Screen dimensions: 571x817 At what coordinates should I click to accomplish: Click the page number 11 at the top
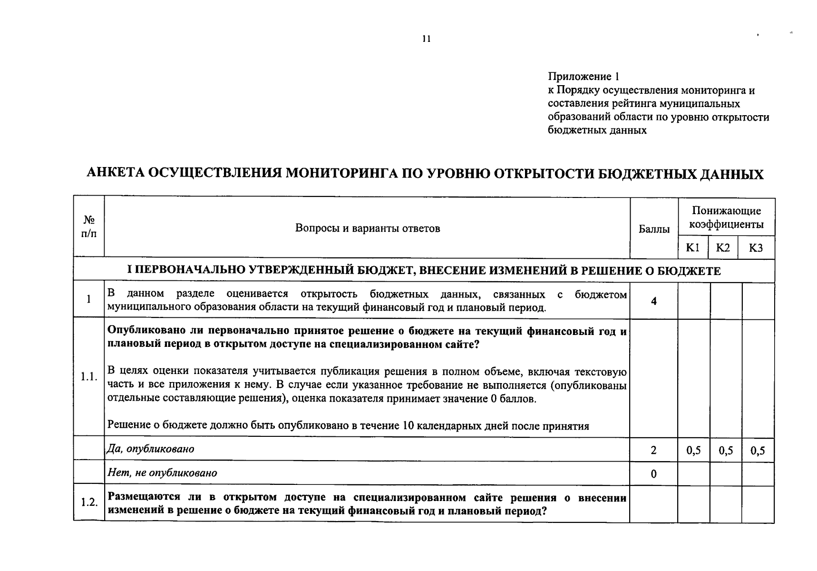(x=426, y=39)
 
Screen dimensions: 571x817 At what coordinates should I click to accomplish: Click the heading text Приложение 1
(x=584, y=77)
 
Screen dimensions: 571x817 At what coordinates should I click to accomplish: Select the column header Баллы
(x=654, y=229)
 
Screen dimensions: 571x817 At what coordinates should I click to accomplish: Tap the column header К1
(x=692, y=248)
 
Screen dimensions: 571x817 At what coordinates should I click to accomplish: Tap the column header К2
(x=723, y=248)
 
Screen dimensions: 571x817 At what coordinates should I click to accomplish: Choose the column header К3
(x=756, y=248)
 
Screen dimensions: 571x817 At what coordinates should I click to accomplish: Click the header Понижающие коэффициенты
(x=726, y=217)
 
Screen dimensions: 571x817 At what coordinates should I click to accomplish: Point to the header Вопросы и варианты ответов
(x=367, y=228)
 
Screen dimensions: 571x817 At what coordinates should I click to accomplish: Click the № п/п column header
(x=89, y=226)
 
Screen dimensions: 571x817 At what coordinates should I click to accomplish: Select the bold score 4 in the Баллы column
(x=654, y=301)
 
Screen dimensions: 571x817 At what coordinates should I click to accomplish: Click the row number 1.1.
(x=89, y=377)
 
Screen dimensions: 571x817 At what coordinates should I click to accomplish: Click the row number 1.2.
(x=89, y=502)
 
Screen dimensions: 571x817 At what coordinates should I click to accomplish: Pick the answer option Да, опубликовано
(x=151, y=449)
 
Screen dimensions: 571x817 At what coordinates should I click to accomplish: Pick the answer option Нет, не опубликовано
(x=162, y=473)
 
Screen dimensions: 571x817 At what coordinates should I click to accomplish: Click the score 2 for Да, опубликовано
(x=654, y=450)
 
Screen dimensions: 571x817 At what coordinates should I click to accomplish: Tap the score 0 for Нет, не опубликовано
(x=654, y=474)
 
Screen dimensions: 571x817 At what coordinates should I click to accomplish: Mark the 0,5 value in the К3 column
(x=758, y=451)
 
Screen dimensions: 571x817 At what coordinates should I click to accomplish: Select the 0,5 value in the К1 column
(x=694, y=451)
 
